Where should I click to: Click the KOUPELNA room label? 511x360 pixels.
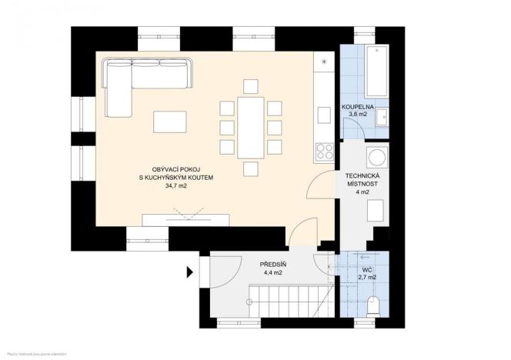click(357, 107)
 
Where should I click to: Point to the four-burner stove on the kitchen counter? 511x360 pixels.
click(324, 152)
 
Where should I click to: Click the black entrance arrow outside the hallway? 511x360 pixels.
click(189, 271)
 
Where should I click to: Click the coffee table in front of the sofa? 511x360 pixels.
click(169, 122)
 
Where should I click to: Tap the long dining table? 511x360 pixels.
click(251, 126)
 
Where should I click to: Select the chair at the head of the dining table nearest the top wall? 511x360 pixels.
click(251, 85)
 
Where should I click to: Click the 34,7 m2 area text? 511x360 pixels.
click(176, 185)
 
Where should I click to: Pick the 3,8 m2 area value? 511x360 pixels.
click(357, 115)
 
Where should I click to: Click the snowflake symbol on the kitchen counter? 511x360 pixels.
click(324, 62)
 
